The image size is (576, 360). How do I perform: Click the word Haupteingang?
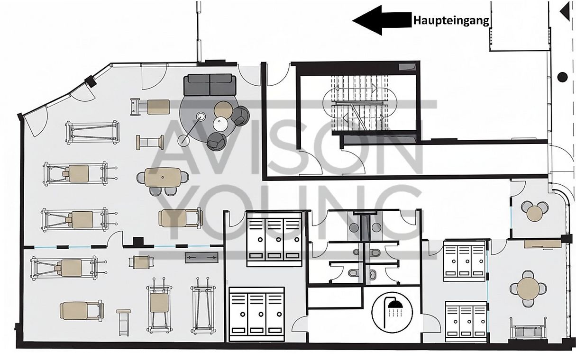coord(451,20)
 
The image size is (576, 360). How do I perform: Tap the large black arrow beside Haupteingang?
coord(382,20)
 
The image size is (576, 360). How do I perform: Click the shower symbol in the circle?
coord(393,313)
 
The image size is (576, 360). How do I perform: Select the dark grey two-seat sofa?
coord(210,85)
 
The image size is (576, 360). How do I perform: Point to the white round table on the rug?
coord(221,124)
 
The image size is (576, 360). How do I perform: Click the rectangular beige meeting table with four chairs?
coord(163,177)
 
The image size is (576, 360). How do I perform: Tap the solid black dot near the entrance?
coord(563,77)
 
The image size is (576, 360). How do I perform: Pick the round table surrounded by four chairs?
coord(527,288)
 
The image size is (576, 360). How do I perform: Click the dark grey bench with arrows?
coord(201,257)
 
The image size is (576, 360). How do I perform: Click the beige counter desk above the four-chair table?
coord(542,244)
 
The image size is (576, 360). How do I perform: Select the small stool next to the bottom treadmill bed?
coord(123,323)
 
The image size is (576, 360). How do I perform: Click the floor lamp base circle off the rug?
coord(183,140)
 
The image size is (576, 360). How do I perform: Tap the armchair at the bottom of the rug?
coord(217,141)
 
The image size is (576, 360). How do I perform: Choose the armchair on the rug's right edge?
coord(241,116)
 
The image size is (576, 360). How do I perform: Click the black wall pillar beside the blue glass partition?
coord(138,242)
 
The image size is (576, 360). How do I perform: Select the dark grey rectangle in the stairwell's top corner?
coord(407,67)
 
